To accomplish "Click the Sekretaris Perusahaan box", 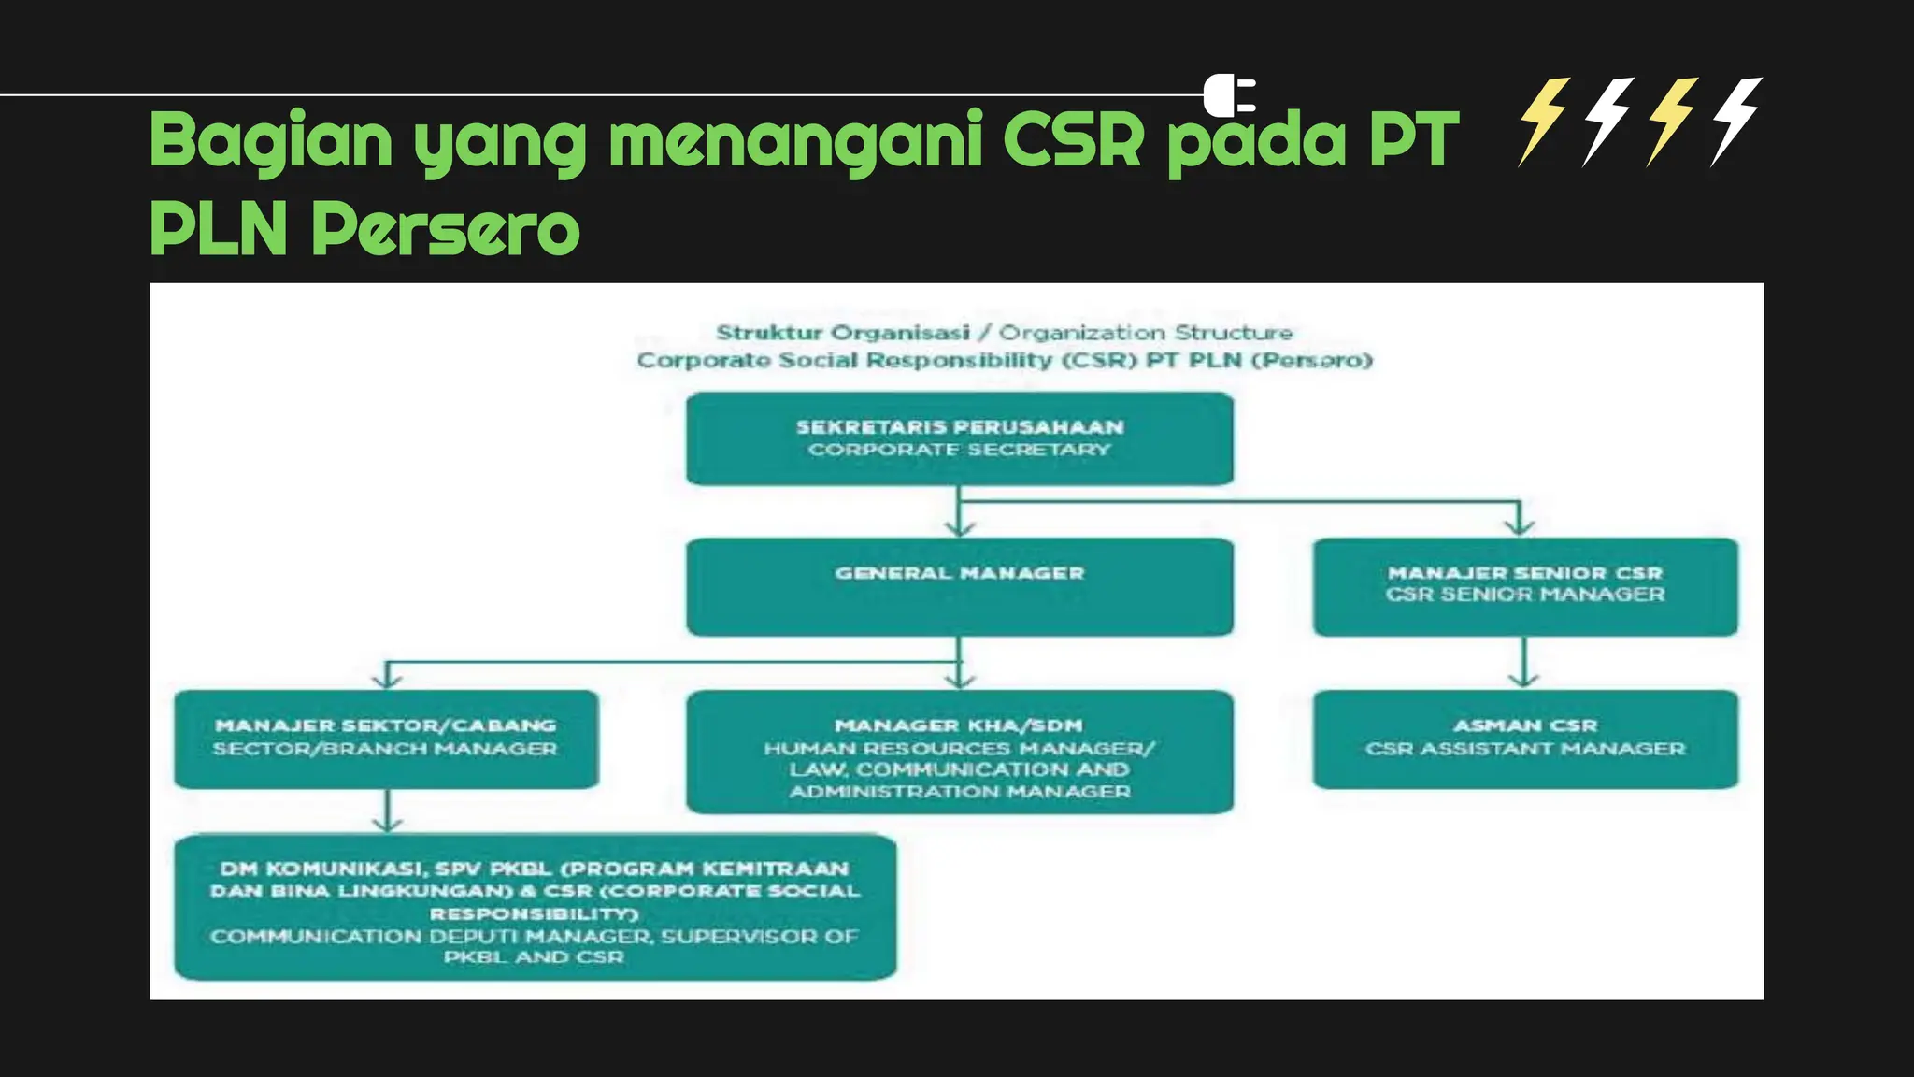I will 959,438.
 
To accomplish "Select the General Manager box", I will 959,587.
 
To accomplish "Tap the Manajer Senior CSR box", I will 1524,587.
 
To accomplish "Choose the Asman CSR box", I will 1524,739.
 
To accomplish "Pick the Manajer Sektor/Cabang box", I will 386,739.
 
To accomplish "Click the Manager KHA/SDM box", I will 959,752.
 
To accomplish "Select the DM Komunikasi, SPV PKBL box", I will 535,907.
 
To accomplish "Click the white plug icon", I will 1228,95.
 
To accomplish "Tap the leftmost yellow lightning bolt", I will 1544,122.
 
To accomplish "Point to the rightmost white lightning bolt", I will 1736,122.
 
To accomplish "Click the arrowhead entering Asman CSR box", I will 1524,681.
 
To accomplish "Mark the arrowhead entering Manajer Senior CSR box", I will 1520,528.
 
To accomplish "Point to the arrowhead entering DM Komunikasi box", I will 387,825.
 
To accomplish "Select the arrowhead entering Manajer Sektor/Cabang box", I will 387,681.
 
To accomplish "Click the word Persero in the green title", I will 445,228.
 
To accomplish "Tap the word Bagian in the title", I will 271,140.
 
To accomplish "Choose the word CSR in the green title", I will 1073,140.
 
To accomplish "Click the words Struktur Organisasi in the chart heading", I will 842,333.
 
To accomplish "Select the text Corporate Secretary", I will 959,450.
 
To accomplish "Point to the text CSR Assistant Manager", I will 1524,749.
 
